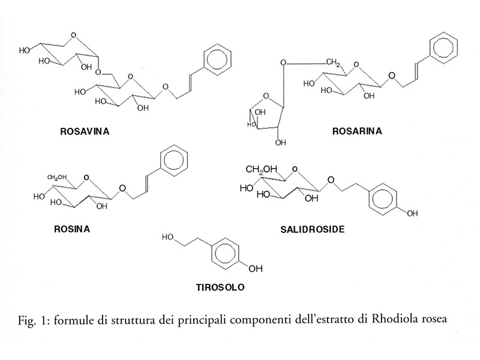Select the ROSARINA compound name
(356, 131)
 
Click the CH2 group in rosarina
(334, 62)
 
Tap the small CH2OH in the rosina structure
(59, 177)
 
